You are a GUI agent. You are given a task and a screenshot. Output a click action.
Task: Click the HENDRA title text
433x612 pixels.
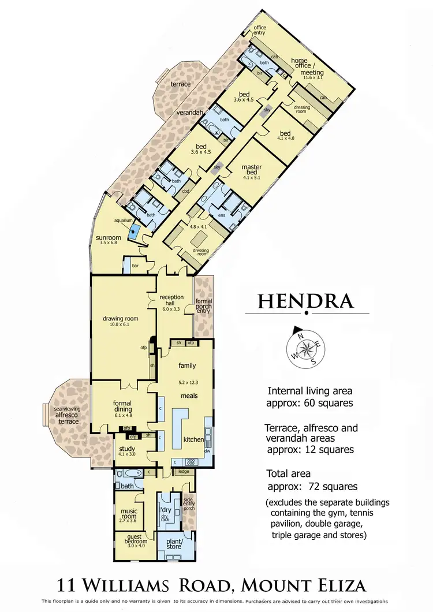pos(305,301)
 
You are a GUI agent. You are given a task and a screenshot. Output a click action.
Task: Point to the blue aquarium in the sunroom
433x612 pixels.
pos(135,233)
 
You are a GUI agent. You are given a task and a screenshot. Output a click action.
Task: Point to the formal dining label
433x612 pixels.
pos(122,406)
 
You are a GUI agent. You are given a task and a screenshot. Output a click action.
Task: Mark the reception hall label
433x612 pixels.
pos(171,301)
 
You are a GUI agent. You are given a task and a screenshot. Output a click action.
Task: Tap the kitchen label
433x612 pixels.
pos(193,439)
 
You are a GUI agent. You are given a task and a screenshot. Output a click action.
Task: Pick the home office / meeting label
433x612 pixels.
pos(307,66)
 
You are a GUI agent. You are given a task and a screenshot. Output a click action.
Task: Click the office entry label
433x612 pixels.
pos(260,30)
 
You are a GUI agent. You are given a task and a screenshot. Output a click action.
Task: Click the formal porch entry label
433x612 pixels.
pos(204,305)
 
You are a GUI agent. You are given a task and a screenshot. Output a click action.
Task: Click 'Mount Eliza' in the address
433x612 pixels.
pos(305,587)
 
